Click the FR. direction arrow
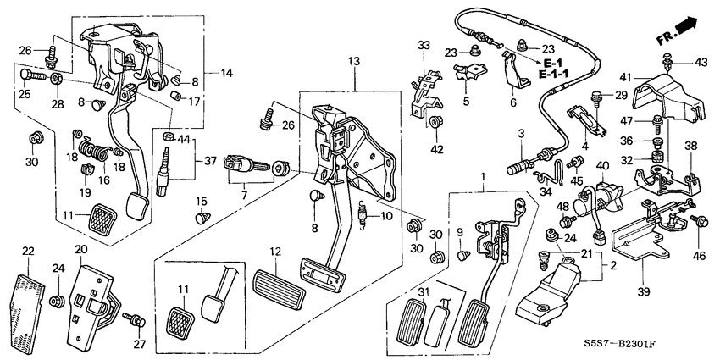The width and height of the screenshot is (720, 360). (681, 33)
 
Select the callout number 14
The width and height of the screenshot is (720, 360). (226, 74)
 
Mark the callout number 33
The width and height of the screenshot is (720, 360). (424, 44)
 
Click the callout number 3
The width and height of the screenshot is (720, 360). (523, 133)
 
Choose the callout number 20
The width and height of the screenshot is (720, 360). (80, 250)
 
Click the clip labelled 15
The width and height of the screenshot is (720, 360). (202, 218)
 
